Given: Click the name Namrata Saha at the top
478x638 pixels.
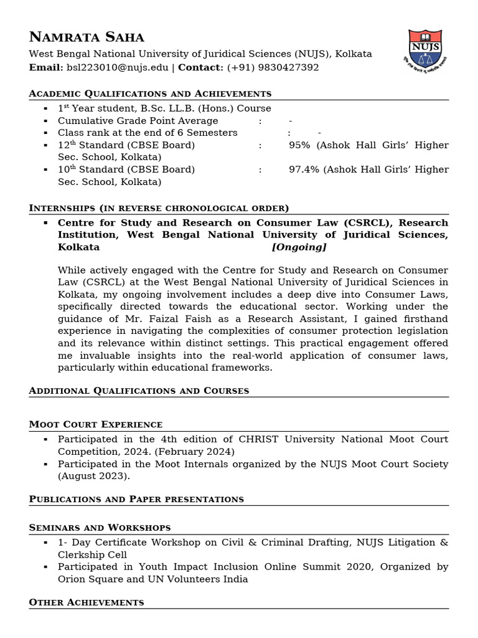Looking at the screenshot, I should pos(87,37).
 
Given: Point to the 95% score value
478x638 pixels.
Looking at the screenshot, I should pos(299,145).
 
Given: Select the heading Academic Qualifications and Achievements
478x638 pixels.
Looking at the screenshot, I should pos(150,93).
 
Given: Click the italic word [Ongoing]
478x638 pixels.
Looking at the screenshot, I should pos(299,247).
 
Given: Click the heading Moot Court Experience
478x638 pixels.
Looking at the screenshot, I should pos(96,424).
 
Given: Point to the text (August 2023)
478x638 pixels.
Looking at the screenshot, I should pos(94,476).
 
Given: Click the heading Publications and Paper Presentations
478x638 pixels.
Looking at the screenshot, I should pos(136,499).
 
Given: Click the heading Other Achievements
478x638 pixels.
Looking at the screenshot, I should pos(87,602).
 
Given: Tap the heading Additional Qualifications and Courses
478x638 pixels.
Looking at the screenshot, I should pos(139,391).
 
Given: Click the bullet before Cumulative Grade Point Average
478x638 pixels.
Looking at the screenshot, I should pos(45,121).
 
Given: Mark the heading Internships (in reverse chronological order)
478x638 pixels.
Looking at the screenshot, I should pos(159,207).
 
